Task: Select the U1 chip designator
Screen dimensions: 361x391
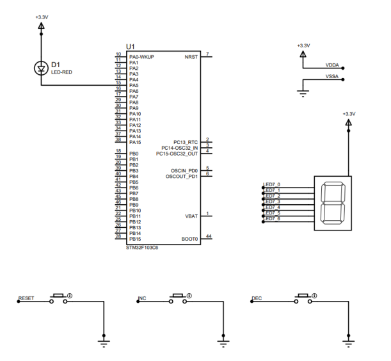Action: [x=131, y=47]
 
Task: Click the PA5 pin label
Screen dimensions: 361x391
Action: [x=134, y=85]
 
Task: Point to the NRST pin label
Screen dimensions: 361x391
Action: [x=191, y=57]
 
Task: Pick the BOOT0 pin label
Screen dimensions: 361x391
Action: [x=189, y=239]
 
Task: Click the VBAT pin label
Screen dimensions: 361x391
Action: [x=191, y=216]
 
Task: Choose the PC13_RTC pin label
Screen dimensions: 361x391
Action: [x=186, y=142]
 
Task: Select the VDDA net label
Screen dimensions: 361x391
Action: [x=332, y=65]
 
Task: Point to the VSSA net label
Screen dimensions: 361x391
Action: [x=332, y=77]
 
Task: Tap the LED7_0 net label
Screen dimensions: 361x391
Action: [x=272, y=185]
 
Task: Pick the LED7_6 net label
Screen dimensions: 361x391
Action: [x=272, y=220]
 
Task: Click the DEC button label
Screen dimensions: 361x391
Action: [x=257, y=298]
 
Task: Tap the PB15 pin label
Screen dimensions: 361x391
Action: [x=135, y=239]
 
